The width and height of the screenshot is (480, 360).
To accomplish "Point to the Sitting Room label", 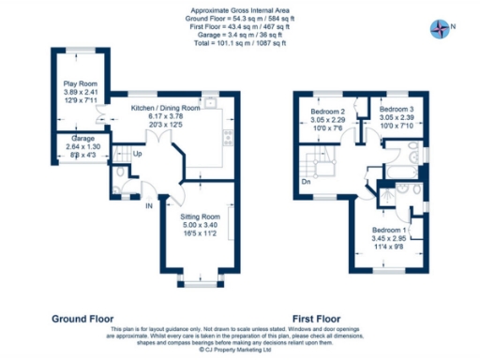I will (x=201, y=216).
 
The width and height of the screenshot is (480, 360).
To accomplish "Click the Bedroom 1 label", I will (x=388, y=230).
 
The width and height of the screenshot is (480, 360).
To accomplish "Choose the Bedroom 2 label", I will (x=329, y=112).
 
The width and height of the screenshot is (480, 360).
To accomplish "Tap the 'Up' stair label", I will (x=138, y=154).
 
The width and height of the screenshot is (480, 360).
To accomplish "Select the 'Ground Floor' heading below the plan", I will (x=84, y=318).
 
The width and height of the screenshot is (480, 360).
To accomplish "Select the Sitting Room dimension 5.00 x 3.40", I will (x=201, y=225).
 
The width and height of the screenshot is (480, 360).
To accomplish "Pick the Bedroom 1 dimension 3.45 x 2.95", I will (x=388, y=239).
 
